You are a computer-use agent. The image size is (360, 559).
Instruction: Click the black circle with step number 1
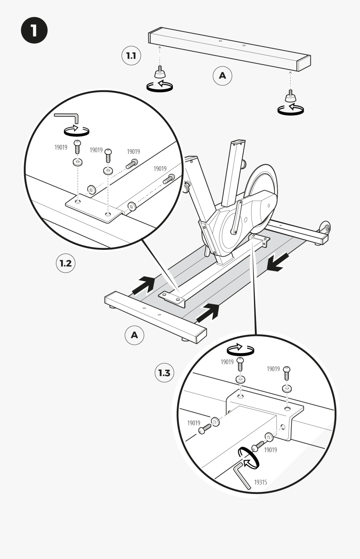click(34, 30)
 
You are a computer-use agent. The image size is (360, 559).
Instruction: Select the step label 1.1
click(131, 56)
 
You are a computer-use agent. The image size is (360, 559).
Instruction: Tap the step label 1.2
click(65, 263)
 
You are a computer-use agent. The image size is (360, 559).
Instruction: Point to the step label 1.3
click(164, 373)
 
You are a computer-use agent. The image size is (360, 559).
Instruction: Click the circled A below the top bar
click(222, 75)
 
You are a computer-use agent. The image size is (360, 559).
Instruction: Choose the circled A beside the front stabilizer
click(134, 335)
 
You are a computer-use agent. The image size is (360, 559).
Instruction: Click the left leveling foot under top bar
click(160, 73)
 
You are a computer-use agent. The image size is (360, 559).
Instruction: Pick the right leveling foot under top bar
click(290, 96)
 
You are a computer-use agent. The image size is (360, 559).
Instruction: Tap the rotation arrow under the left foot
click(160, 86)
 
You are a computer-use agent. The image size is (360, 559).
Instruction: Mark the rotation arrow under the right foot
click(290, 109)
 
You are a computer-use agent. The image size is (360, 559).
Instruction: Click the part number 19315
click(260, 482)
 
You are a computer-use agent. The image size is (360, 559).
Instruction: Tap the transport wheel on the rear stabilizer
click(325, 228)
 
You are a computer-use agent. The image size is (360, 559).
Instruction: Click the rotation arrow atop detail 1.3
click(240, 349)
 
